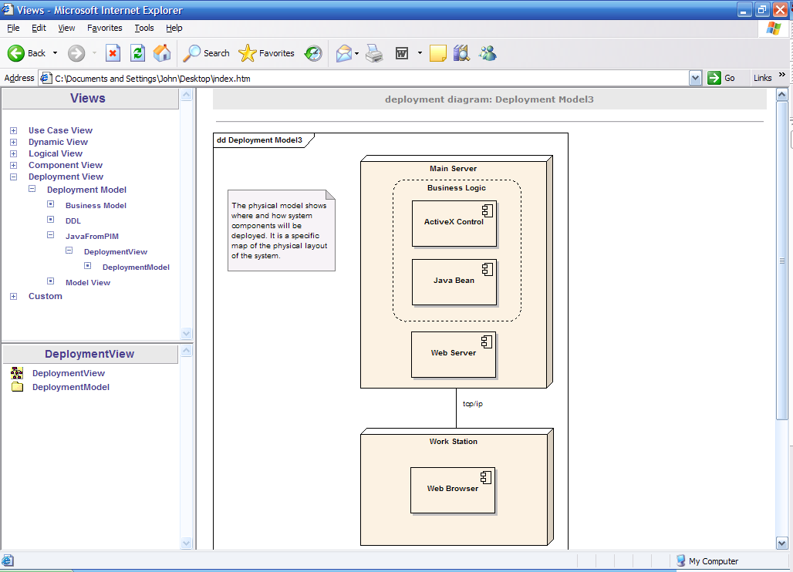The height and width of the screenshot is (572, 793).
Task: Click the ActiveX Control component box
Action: click(x=454, y=224)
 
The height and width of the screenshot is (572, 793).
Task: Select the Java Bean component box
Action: click(x=454, y=282)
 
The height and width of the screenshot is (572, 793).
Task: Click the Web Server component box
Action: click(x=453, y=354)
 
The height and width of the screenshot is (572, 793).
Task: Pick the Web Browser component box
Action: click(x=453, y=490)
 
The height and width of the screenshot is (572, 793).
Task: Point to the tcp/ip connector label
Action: click(x=472, y=404)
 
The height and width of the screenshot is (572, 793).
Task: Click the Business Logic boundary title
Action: click(x=456, y=187)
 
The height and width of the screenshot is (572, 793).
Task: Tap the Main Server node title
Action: click(x=453, y=168)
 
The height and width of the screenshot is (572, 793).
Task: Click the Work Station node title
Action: click(x=453, y=441)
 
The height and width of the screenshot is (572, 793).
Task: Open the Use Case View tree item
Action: click(x=60, y=130)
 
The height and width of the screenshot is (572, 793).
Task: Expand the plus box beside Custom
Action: click(x=14, y=297)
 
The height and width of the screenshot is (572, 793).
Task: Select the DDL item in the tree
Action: click(x=73, y=220)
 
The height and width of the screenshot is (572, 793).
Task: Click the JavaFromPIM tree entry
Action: click(x=92, y=236)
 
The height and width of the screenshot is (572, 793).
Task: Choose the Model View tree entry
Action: click(x=87, y=282)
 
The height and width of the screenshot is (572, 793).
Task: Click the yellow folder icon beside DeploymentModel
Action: click(x=17, y=386)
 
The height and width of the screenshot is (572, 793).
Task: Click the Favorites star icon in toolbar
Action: click(x=248, y=53)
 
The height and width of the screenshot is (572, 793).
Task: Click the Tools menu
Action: click(x=144, y=28)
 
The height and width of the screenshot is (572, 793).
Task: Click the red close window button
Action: click(x=781, y=9)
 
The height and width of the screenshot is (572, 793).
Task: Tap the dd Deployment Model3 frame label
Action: click(x=259, y=140)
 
